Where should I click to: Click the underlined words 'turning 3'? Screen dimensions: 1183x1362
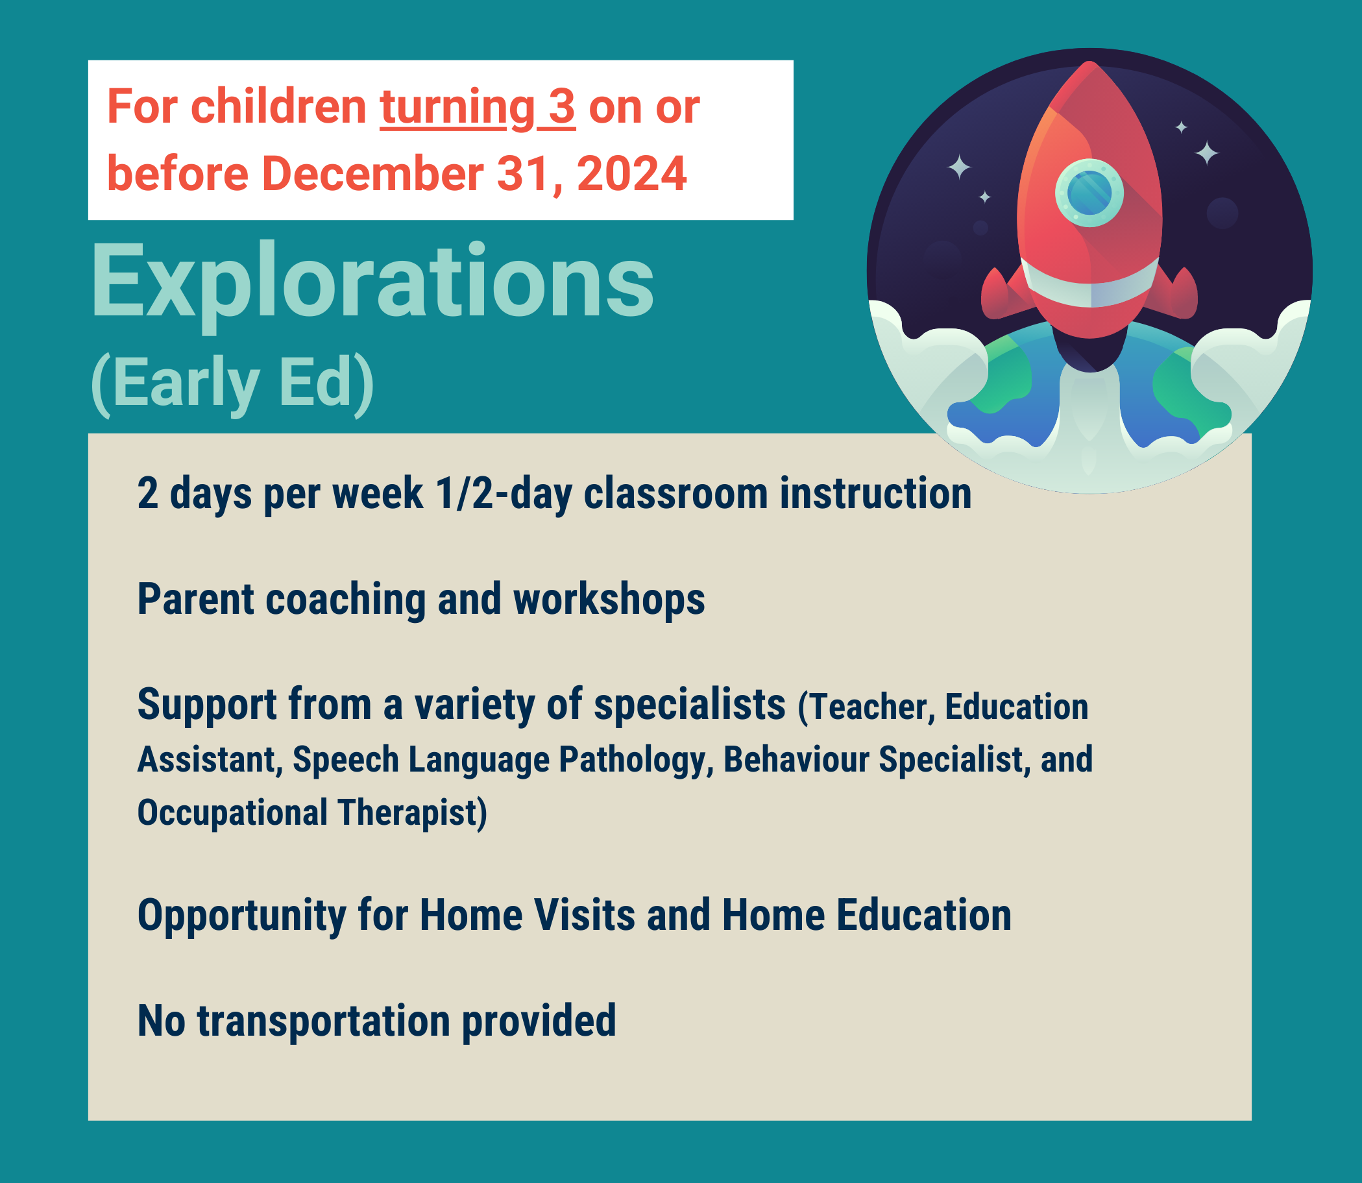[478, 108]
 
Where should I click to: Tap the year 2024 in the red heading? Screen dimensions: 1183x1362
[632, 175]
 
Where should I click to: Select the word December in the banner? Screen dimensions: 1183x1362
[372, 175]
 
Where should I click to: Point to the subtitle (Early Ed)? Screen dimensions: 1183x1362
[232, 383]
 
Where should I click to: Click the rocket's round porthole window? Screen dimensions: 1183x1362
[1089, 193]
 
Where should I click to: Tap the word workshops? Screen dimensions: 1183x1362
[609, 600]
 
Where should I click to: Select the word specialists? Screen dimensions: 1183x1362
[689, 704]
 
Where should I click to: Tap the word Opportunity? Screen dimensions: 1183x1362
[241, 916]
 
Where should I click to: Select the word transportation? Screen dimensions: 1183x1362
[324, 1021]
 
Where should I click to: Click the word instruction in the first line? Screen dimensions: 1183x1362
[875, 494]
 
